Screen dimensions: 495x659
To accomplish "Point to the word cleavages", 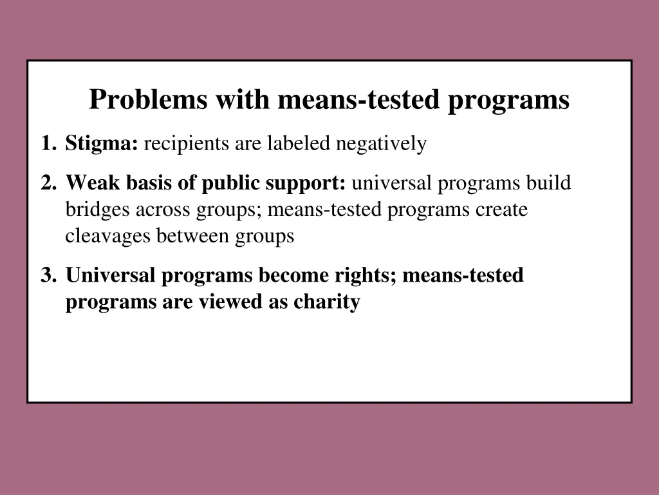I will [106, 237].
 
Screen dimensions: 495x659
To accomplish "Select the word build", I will [548, 184].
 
